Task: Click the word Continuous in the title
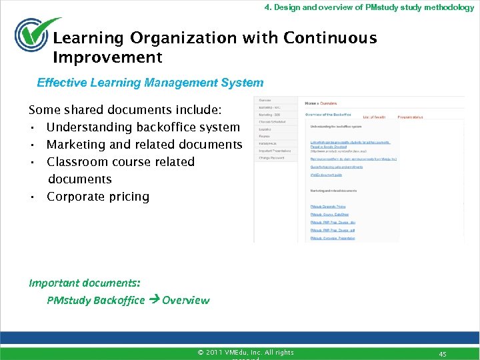330,38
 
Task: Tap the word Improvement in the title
107,57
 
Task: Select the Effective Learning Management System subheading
150,83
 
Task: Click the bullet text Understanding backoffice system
143,127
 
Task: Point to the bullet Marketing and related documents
144,144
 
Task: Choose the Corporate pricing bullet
97,196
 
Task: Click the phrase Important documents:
84,283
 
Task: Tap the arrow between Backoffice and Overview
153,300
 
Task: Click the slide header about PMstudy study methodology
369,7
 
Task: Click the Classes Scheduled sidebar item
272,122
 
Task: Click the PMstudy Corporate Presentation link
337,237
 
